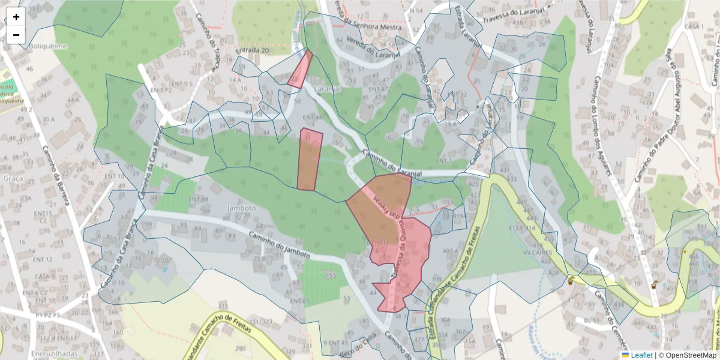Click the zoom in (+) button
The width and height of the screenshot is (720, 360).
pyautogui.click(x=16, y=17)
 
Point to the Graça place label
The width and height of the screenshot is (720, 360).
pyautogui.click(x=13, y=178)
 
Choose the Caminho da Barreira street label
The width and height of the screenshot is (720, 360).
pyautogui.click(x=56, y=174)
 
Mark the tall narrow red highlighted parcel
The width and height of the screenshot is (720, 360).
pyautogui.click(x=310, y=160)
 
